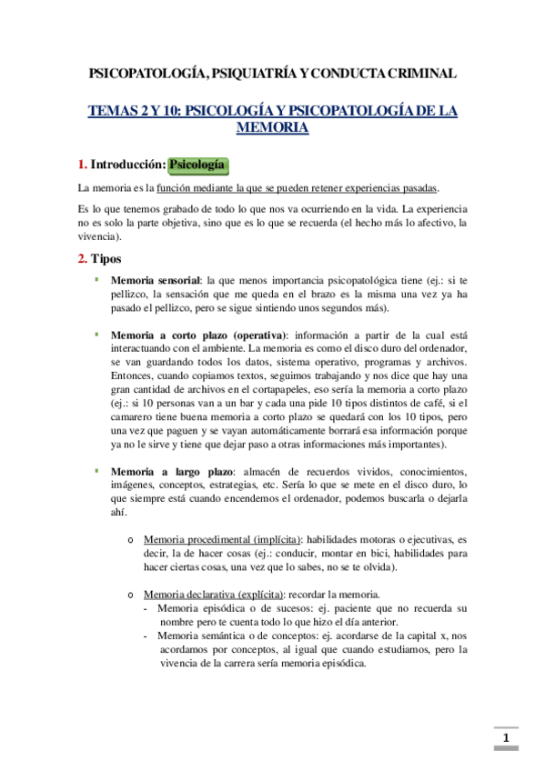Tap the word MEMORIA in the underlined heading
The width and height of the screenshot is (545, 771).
point(272,128)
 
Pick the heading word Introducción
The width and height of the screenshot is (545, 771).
point(127,165)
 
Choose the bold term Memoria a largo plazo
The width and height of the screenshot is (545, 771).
point(171,471)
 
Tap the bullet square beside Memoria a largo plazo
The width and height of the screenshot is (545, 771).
point(96,470)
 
